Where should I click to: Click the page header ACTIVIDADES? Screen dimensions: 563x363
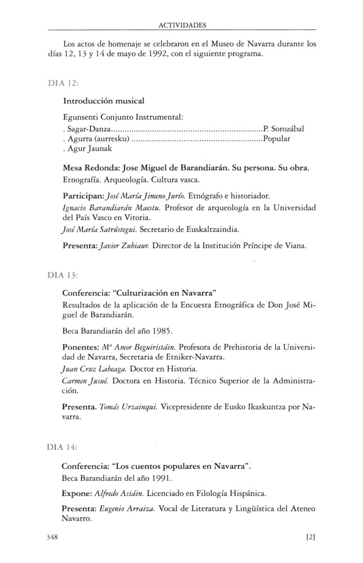point(182,25)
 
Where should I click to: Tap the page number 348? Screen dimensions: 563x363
point(54,537)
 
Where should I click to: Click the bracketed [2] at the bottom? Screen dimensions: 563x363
point(310,537)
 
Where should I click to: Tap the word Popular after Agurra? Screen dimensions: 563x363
point(276,139)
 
